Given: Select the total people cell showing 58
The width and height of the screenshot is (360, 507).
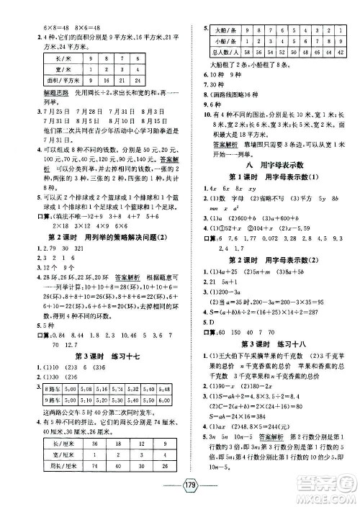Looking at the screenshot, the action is pyautogui.click(x=248, y=53).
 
